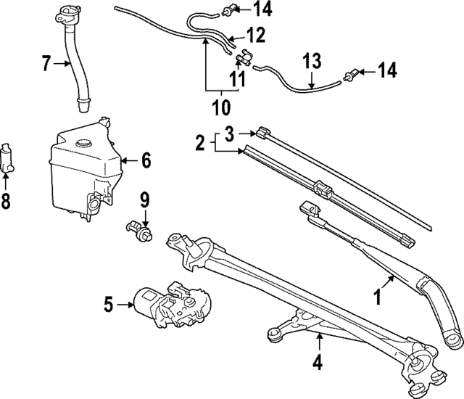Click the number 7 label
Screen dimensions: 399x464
coord(46,65)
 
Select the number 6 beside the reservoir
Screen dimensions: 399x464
coord(146,160)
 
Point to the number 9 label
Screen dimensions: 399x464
coord(144,197)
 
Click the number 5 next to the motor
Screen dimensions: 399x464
coord(108,305)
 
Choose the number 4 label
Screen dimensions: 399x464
coord(317,361)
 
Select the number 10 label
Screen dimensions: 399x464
coord(220,108)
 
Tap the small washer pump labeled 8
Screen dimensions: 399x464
coord(9,155)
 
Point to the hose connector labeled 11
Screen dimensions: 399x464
coord(245,57)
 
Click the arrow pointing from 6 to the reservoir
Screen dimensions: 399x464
coord(127,160)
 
